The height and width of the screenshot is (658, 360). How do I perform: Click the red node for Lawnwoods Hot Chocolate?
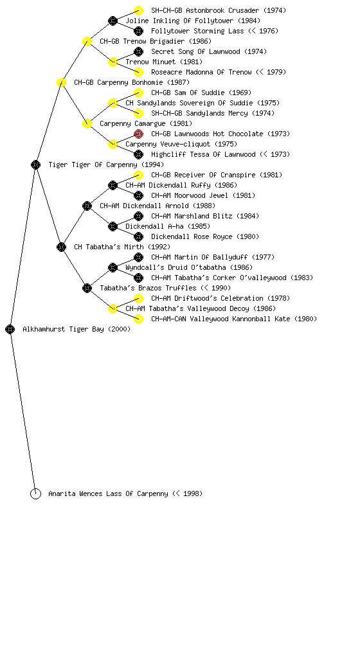coord(138,134)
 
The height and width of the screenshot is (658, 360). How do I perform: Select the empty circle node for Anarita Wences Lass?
coord(35,494)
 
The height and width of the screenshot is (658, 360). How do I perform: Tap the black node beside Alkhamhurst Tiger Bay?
coord(10,330)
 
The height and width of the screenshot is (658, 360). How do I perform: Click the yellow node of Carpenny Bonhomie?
coord(61,82)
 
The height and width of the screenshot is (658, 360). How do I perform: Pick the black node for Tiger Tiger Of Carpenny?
coord(35,164)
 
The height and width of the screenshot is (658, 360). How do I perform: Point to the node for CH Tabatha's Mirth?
coord(61,247)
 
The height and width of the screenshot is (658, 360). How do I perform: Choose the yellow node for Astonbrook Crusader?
coord(138,10)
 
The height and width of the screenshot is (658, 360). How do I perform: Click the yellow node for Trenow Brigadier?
coord(87,41)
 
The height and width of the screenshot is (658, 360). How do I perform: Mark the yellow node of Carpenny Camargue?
coord(87,123)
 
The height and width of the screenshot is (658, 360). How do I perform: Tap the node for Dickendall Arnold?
coord(87,206)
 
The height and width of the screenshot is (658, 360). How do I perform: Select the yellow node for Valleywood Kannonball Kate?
coord(138,319)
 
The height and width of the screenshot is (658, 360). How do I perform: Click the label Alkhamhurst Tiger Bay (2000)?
coord(76,330)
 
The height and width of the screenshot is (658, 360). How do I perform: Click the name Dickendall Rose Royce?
coord(192,236)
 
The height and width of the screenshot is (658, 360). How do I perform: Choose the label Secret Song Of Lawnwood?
coord(195,51)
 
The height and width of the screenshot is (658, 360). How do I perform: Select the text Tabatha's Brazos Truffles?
coord(148,288)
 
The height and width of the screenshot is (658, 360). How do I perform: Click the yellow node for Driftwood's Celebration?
coord(138,298)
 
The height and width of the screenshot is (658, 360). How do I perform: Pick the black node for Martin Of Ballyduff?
coord(138,257)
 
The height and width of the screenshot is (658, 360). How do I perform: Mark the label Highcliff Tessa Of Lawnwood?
coord(204,154)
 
